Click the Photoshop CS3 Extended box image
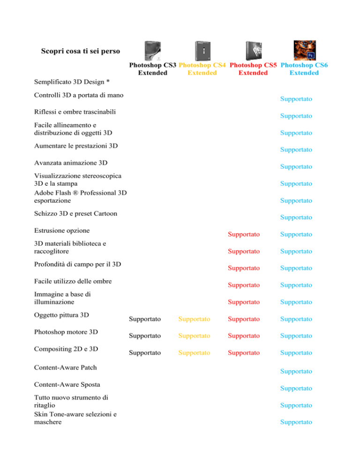[x=153, y=51]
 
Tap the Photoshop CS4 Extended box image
[x=203, y=51]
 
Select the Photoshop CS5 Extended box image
[x=254, y=51]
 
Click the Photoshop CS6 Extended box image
[x=305, y=50]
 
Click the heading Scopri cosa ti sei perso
[x=81, y=51]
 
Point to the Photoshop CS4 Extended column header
[x=202, y=69]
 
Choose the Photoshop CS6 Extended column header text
[x=304, y=69]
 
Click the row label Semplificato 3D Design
[x=69, y=82]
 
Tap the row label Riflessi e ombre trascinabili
[x=75, y=112]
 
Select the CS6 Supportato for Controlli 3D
[x=296, y=99]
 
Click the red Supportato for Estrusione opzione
[x=244, y=234]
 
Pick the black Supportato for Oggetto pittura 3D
[x=145, y=319]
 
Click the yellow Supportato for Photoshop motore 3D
[x=194, y=336]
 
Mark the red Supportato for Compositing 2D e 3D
[x=244, y=353]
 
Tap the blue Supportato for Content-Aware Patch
[x=296, y=371]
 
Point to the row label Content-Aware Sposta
[x=67, y=384]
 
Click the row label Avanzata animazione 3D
[x=71, y=163]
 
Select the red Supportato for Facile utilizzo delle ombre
[x=244, y=286]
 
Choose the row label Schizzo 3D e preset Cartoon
[x=75, y=214]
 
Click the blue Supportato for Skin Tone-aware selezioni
[x=296, y=422]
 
